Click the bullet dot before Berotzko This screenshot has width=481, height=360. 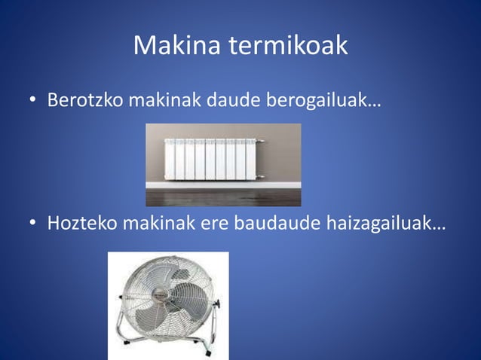[x=34, y=101]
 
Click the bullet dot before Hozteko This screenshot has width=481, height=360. [x=34, y=224]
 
